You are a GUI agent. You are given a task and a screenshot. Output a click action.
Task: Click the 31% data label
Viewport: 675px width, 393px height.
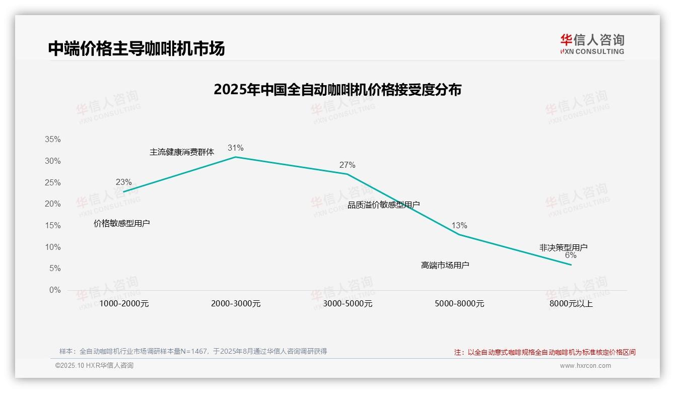[x=235, y=148]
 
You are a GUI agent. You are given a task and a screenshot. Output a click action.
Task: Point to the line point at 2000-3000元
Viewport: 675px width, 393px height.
[x=235, y=157]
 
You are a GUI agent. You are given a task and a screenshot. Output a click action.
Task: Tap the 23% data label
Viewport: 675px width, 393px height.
[x=123, y=182]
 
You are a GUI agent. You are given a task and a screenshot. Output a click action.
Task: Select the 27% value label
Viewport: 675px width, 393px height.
[x=347, y=165]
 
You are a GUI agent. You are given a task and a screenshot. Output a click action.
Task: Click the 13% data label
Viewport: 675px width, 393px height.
[x=459, y=225]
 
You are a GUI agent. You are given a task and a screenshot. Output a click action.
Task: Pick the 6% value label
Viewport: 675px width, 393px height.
[x=570, y=255]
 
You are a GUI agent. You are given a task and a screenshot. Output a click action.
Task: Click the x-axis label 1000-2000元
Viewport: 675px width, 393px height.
[x=124, y=304]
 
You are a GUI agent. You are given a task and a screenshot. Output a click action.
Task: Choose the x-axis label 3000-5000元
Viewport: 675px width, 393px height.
[x=347, y=304]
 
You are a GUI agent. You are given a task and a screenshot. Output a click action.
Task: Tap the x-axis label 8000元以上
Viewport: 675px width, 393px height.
[x=571, y=304]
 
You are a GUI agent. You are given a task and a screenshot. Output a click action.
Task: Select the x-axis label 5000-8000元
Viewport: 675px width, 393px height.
[x=459, y=304]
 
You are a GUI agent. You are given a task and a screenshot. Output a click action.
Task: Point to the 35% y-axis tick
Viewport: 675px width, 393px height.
[x=52, y=140]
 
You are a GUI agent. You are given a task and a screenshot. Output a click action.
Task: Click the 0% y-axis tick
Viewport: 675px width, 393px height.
[x=54, y=290]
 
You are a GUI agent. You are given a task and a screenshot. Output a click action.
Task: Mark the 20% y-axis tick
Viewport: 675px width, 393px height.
[x=52, y=204]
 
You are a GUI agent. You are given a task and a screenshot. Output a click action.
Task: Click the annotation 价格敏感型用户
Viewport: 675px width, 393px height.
[x=122, y=223]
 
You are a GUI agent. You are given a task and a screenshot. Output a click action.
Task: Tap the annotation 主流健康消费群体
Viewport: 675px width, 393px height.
[x=182, y=152]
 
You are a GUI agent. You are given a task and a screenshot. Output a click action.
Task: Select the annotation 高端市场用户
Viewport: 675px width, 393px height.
[x=445, y=265]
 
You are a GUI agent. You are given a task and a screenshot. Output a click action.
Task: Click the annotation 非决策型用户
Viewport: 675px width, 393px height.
[x=563, y=247]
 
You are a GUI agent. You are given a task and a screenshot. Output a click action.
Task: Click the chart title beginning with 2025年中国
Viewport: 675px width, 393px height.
[x=337, y=90]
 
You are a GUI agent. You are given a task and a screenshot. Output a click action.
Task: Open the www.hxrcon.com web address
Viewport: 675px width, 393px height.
[x=585, y=366]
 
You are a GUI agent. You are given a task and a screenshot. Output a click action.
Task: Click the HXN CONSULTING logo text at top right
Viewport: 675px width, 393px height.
[x=592, y=51]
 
